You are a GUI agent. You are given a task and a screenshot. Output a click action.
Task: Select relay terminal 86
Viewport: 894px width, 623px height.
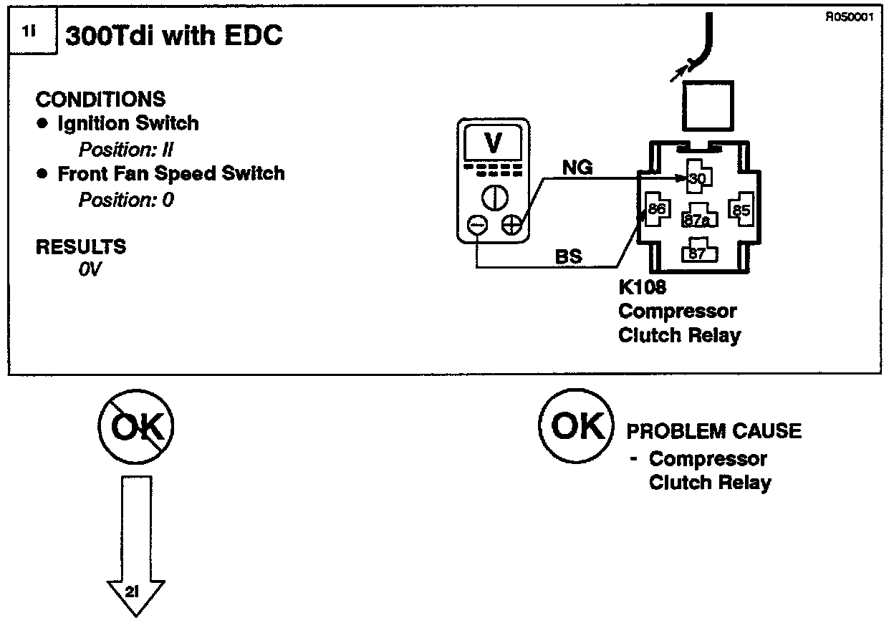pyautogui.click(x=656, y=208)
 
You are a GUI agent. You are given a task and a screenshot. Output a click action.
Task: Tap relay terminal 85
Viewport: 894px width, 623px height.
pyautogui.click(x=740, y=210)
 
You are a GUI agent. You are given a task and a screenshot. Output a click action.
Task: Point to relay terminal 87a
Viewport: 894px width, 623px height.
pyautogui.click(x=696, y=219)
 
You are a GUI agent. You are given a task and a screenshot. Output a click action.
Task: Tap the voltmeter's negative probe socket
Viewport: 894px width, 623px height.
pyautogui.click(x=476, y=226)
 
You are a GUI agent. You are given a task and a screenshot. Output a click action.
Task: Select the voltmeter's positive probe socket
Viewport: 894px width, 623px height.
pyautogui.click(x=511, y=226)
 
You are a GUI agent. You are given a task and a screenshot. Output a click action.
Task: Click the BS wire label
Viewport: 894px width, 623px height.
pyautogui.click(x=569, y=256)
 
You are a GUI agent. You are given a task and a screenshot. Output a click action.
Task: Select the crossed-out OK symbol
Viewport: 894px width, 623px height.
pyautogui.click(x=136, y=428)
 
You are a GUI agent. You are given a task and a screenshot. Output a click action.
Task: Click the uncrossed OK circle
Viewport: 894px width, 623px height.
pyautogui.click(x=577, y=427)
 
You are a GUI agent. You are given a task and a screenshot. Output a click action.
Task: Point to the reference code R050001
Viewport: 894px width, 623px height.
pyautogui.click(x=850, y=19)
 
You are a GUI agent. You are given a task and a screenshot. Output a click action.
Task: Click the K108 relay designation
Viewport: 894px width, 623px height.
pyautogui.click(x=642, y=288)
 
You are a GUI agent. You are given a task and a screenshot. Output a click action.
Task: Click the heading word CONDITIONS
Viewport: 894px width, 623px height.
pyautogui.click(x=100, y=99)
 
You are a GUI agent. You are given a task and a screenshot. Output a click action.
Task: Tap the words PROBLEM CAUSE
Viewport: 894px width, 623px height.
pyautogui.click(x=714, y=431)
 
